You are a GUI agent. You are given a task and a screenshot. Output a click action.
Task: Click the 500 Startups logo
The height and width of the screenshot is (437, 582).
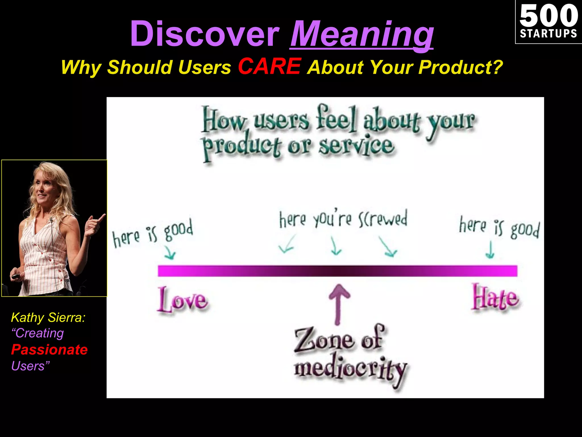(x=548, y=22)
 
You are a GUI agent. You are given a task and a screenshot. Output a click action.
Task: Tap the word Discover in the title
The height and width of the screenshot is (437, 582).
(x=205, y=34)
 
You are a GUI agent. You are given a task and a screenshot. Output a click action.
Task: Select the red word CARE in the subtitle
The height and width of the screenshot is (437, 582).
(x=269, y=66)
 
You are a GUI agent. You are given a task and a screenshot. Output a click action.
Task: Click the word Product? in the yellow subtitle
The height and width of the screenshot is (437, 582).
(x=460, y=67)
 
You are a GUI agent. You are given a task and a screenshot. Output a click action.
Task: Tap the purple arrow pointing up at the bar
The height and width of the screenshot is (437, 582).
(x=338, y=303)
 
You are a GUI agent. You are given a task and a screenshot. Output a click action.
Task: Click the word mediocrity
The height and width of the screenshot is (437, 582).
(x=351, y=370)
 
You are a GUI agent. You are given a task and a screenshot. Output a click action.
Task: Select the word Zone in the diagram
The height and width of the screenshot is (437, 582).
(x=324, y=340)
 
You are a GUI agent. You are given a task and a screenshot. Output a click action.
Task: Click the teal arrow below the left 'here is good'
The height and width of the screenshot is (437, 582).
(x=170, y=252)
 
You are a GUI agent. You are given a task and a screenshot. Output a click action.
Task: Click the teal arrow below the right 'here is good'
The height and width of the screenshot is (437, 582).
(x=490, y=250)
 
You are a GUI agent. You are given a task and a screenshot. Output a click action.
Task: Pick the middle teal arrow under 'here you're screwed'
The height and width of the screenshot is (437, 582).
(x=336, y=246)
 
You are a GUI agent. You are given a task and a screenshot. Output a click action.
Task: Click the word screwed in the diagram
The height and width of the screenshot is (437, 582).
(x=383, y=219)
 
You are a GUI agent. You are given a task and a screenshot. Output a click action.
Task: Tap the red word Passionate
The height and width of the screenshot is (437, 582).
(x=49, y=350)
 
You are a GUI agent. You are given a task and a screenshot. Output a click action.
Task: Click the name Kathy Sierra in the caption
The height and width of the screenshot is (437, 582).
(x=48, y=318)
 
